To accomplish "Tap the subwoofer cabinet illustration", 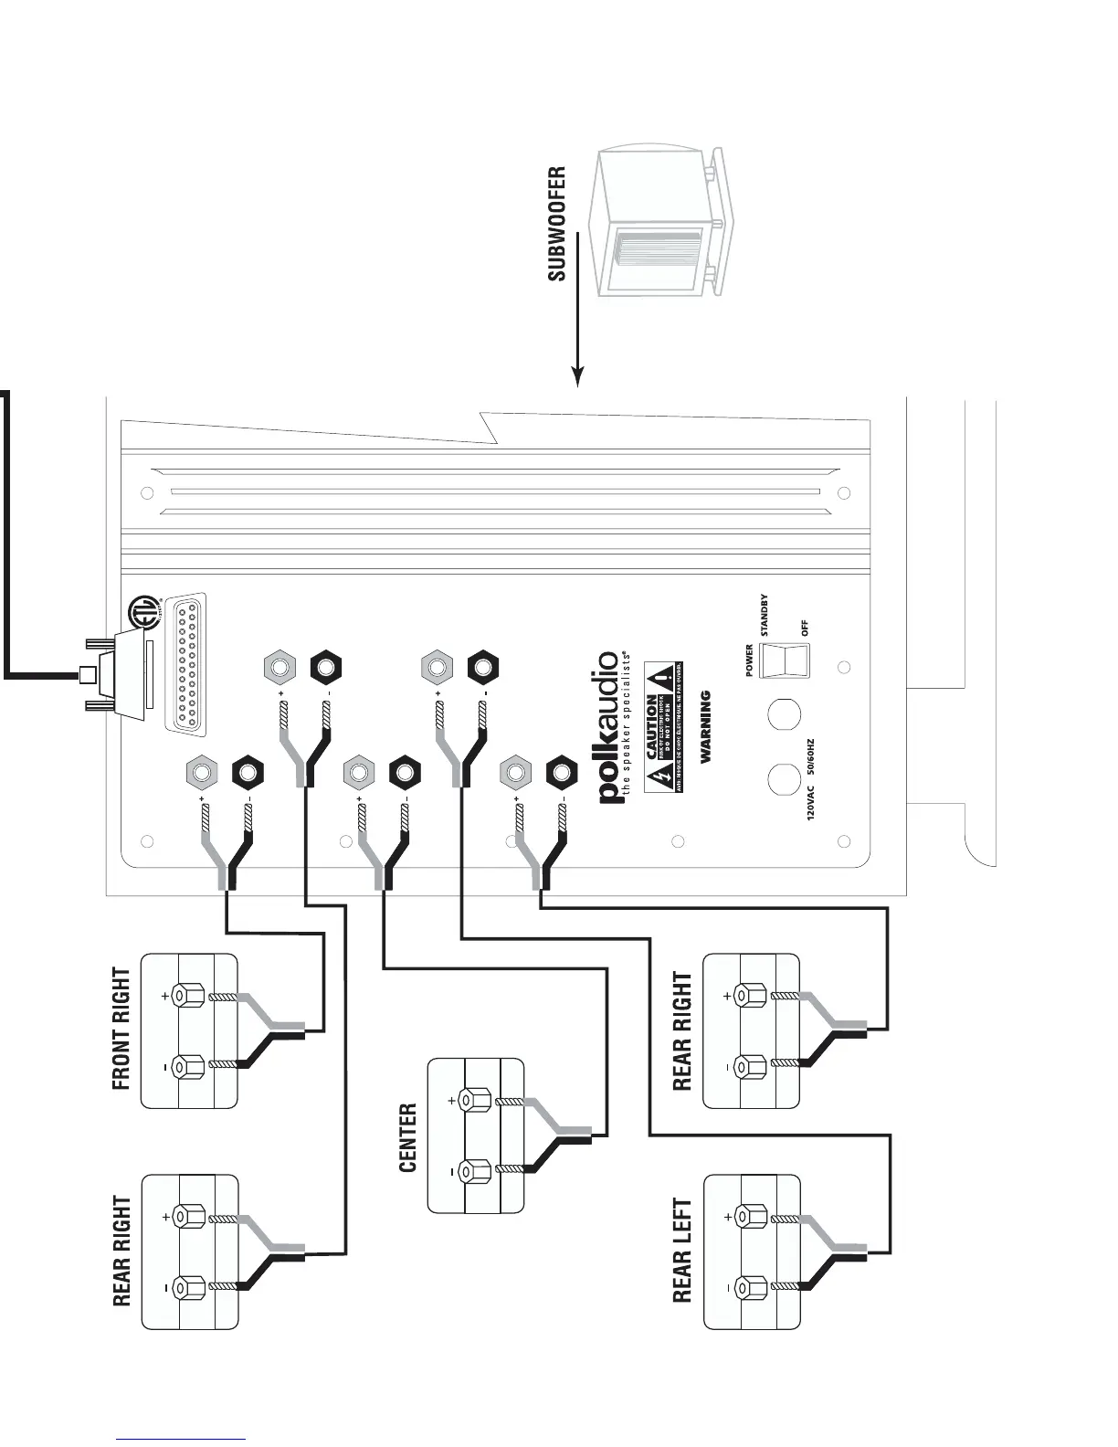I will pyautogui.click(x=659, y=225).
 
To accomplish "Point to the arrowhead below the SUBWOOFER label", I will pyautogui.click(x=577, y=376).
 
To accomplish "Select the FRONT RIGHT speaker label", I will pyautogui.click(x=121, y=1030).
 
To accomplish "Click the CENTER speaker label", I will pyautogui.click(x=407, y=1137).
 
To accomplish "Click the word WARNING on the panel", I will pyautogui.click(x=705, y=727).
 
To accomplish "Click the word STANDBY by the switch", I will pyautogui.click(x=765, y=616).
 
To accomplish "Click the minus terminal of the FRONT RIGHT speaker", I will pyautogui.click(x=190, y=1066).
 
